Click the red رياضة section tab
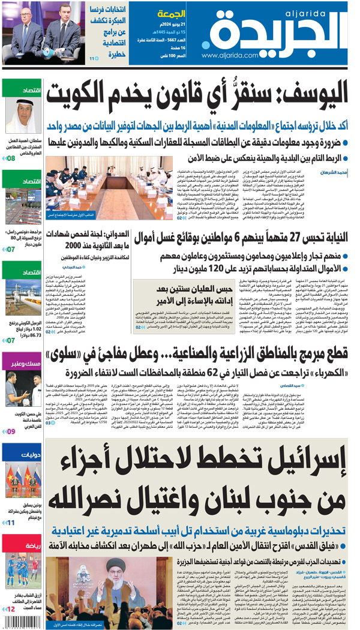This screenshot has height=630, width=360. click(x=21, y=546)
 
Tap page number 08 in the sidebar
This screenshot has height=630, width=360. click(x=11, y=158)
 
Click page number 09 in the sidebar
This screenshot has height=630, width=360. click(x=11, y=431)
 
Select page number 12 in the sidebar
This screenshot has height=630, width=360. click(x=11, y=609)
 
